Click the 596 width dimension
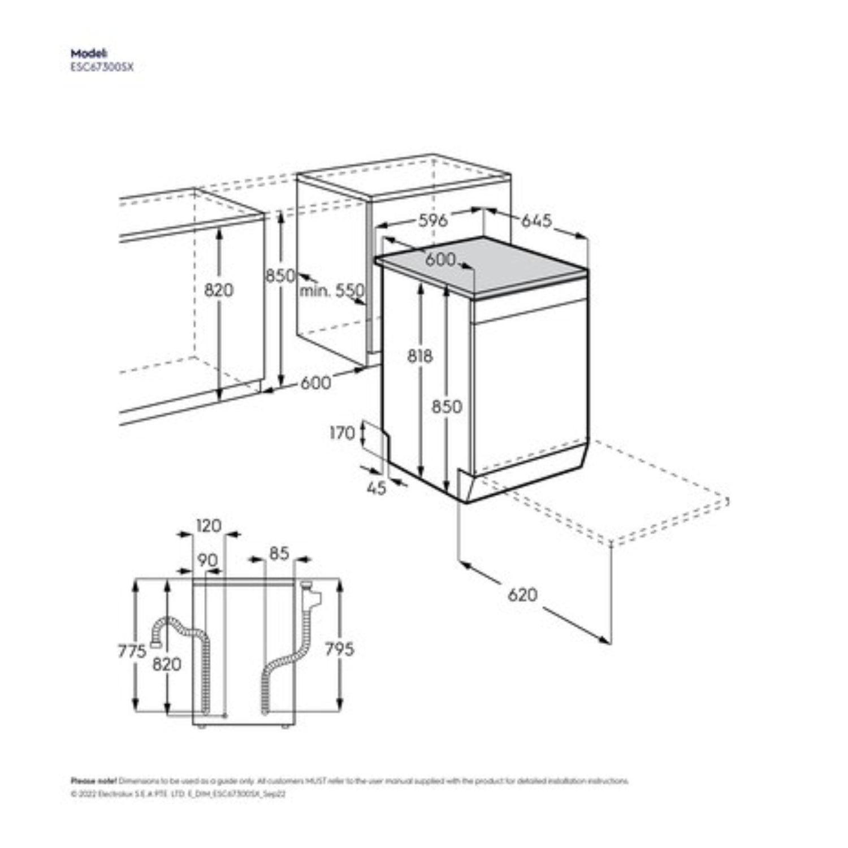(432, 220)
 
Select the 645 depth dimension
(536, 220)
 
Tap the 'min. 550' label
(332, 291)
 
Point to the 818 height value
(420, 356)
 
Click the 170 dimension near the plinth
(342, 433)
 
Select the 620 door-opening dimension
(522, 595)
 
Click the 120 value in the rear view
(209, 526)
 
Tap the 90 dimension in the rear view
(207, 560)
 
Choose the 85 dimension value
(279, 553)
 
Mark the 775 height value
(132, 651)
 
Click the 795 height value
(339, 649)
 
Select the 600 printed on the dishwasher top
(440, 259)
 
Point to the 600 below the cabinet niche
(315, 383)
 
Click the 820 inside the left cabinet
(218, 290)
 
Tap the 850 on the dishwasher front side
(447, 406)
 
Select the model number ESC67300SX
(102, 67)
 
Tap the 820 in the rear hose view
(167, 664)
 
